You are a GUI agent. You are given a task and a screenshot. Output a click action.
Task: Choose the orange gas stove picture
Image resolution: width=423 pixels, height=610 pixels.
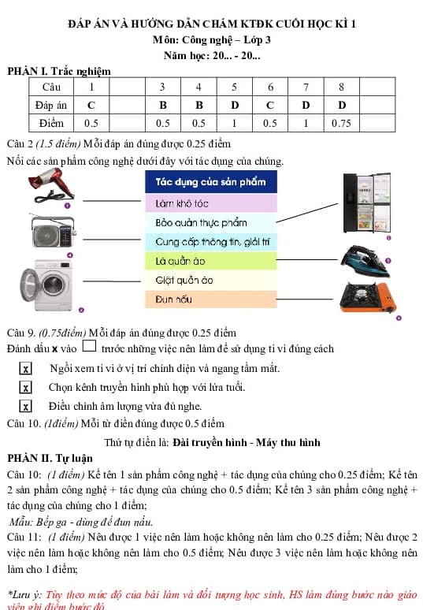367,298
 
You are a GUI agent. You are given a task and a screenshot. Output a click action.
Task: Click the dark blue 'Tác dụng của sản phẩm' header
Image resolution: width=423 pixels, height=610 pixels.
210,182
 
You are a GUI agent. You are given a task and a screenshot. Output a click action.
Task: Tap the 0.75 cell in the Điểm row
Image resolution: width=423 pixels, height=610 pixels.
340,123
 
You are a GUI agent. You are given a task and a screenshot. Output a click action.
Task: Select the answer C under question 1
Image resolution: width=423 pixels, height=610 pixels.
91,104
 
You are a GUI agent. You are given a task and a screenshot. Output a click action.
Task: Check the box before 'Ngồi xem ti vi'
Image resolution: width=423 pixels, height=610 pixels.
26,369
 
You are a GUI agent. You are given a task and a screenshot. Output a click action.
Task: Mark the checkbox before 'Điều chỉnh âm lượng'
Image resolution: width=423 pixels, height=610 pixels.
26,407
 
